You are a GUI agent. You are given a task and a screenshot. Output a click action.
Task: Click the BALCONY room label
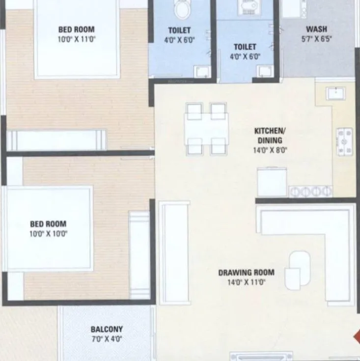(107, 329)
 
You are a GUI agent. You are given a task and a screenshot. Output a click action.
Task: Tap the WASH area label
(316, 29)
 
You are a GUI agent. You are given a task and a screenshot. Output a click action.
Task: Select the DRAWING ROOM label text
(246, 272)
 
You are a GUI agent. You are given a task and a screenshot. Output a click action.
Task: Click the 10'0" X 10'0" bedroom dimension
(49, 234)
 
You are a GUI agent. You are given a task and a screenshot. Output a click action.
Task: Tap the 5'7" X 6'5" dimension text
(316, 40)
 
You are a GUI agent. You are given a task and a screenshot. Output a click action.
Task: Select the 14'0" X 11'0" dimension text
(246, 282)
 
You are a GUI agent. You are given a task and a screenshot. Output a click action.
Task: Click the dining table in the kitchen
(206, 129)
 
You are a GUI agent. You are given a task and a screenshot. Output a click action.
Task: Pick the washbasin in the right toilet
(265, 70)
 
